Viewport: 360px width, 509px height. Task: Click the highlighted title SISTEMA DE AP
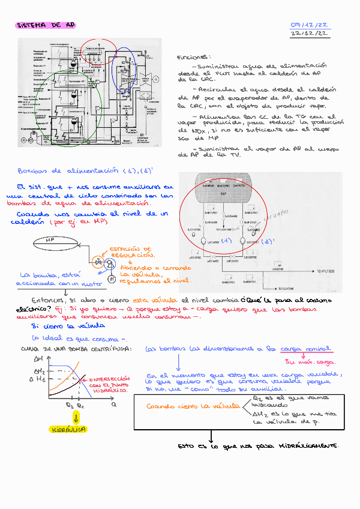[x=46, y=26]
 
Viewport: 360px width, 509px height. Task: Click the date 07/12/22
[x=309, y=25]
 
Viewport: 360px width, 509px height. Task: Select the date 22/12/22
[x=310, y=35]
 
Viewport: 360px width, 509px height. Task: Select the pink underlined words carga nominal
[x=307, y=348]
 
